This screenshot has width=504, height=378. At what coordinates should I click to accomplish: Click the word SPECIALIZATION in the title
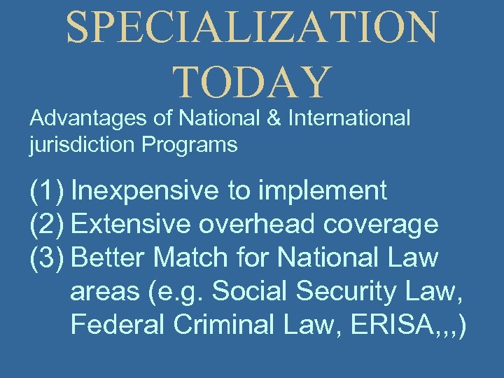pos(252,29)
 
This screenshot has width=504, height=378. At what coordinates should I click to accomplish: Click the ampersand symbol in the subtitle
pos(276,119)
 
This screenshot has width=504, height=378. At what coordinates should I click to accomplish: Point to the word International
pos(350,119)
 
